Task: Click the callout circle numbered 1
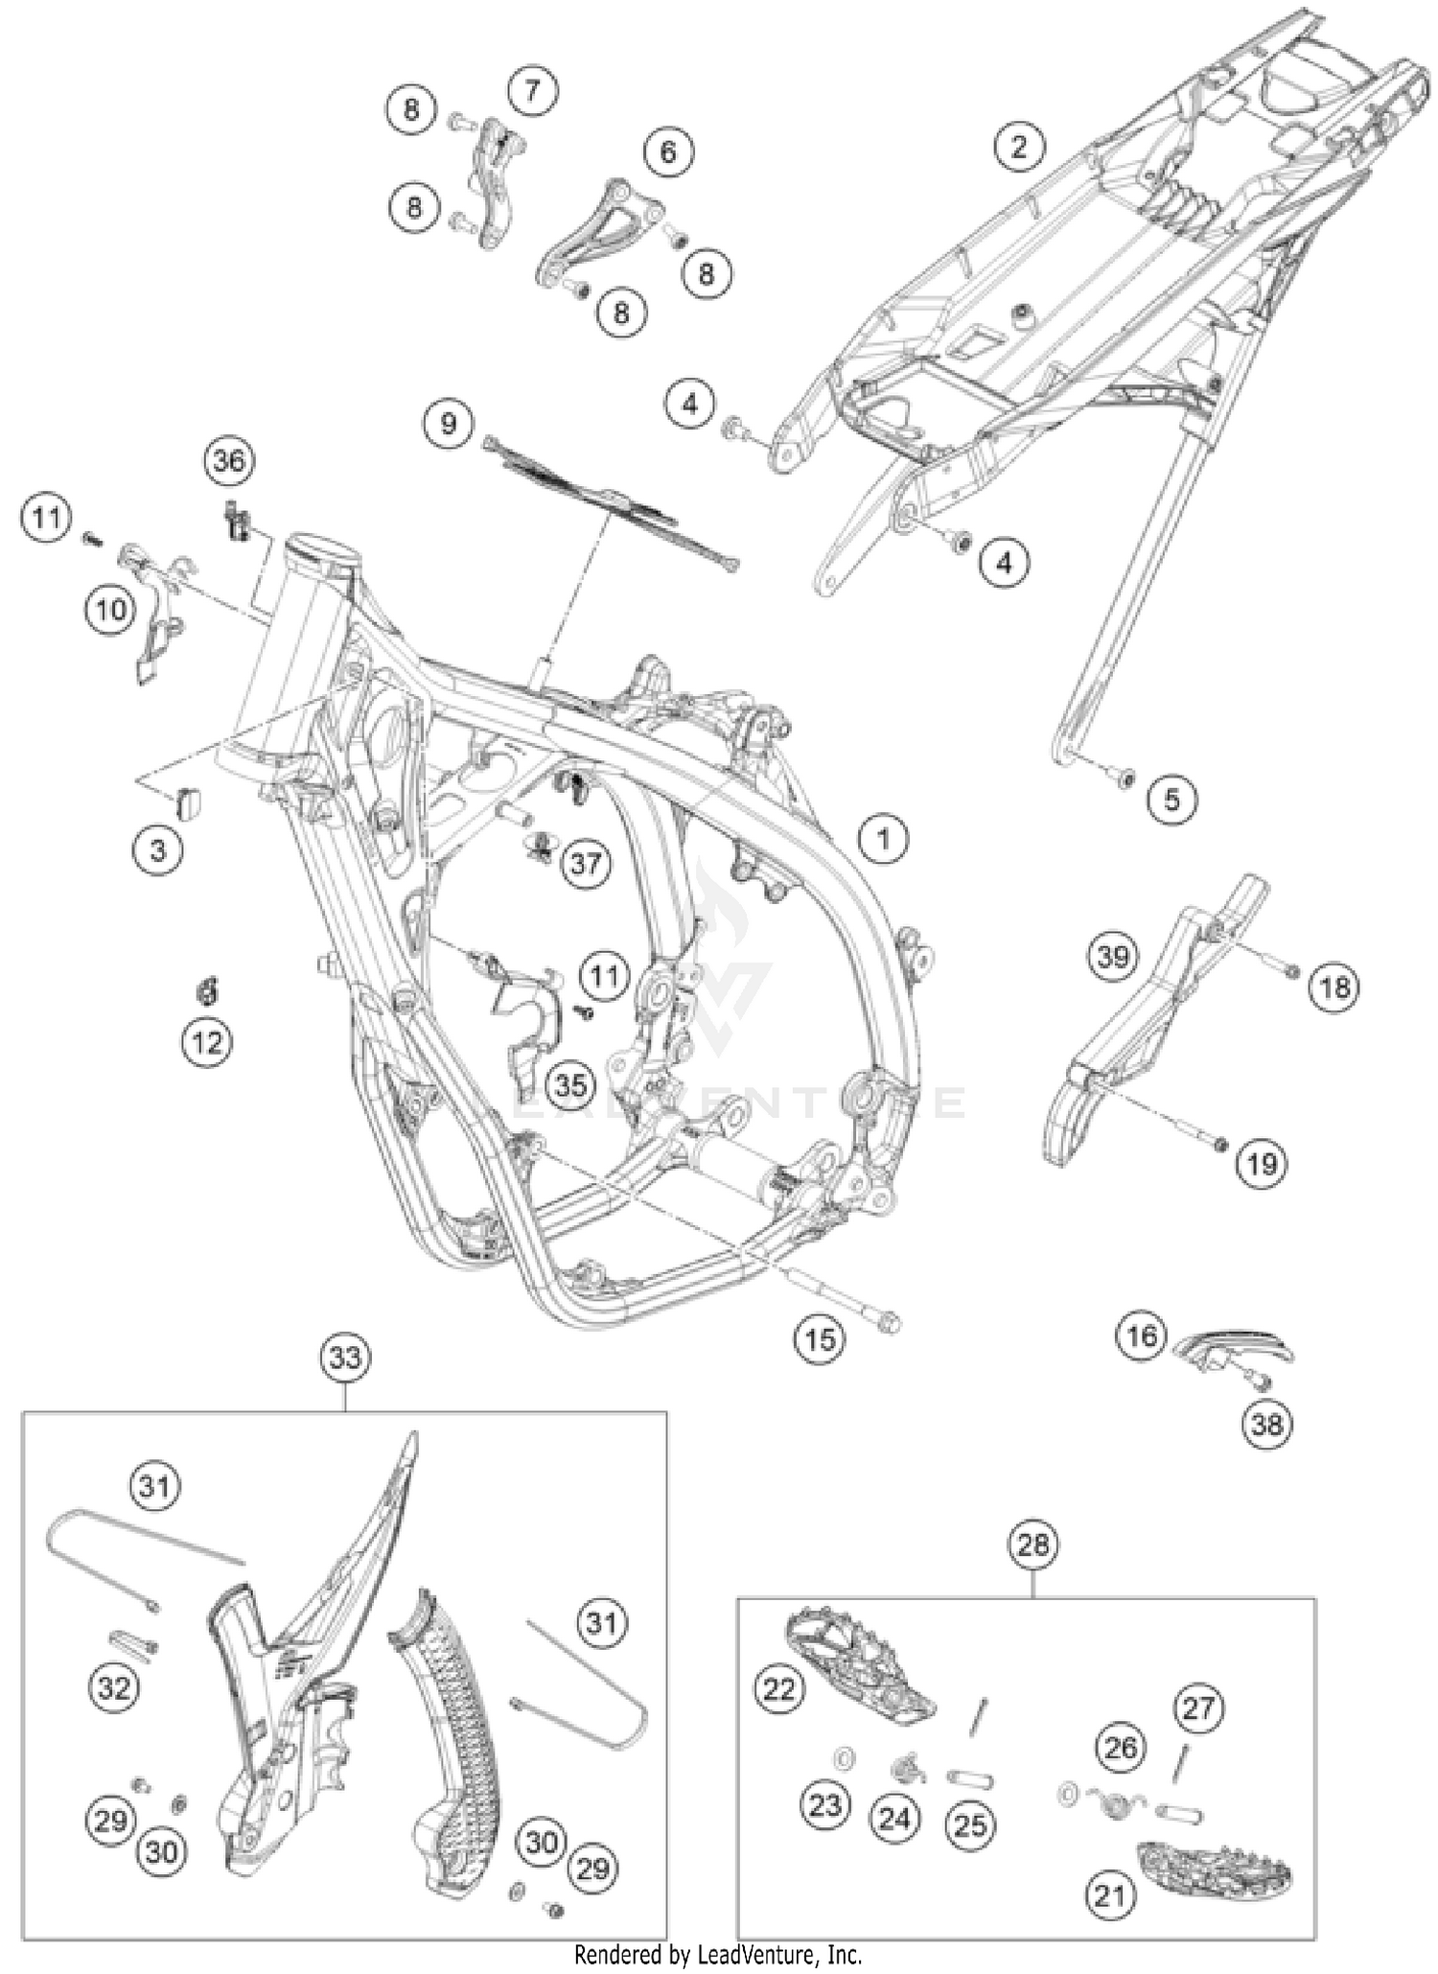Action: [883, 839]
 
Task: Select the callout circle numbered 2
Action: [1018, 147]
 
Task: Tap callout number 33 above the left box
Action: [345, 1358]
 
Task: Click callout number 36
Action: [229, 461]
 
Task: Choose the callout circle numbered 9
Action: [449, 423]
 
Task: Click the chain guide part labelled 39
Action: [1155, 1021]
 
